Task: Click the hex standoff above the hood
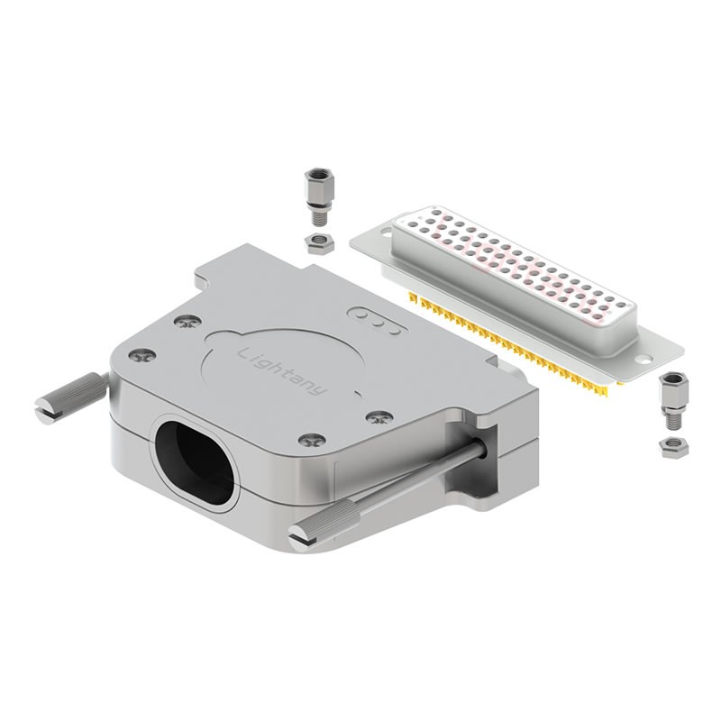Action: [315, 196]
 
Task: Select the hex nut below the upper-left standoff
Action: [319, 242]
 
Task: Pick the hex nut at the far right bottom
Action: [673, 447]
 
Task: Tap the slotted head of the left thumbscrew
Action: [47, 408]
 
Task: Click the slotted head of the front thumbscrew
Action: [303, 537]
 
